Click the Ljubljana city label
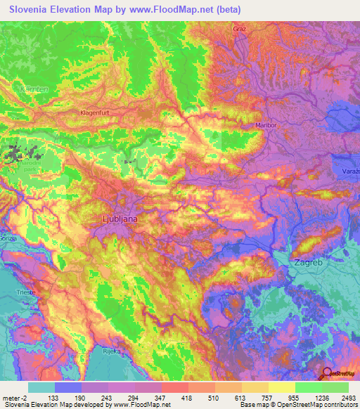coord(116,219)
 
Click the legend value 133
coord(55,397)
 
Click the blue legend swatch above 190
coord(68,387)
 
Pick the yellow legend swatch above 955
coord(281,387)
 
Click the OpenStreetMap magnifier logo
coord(328,373)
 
